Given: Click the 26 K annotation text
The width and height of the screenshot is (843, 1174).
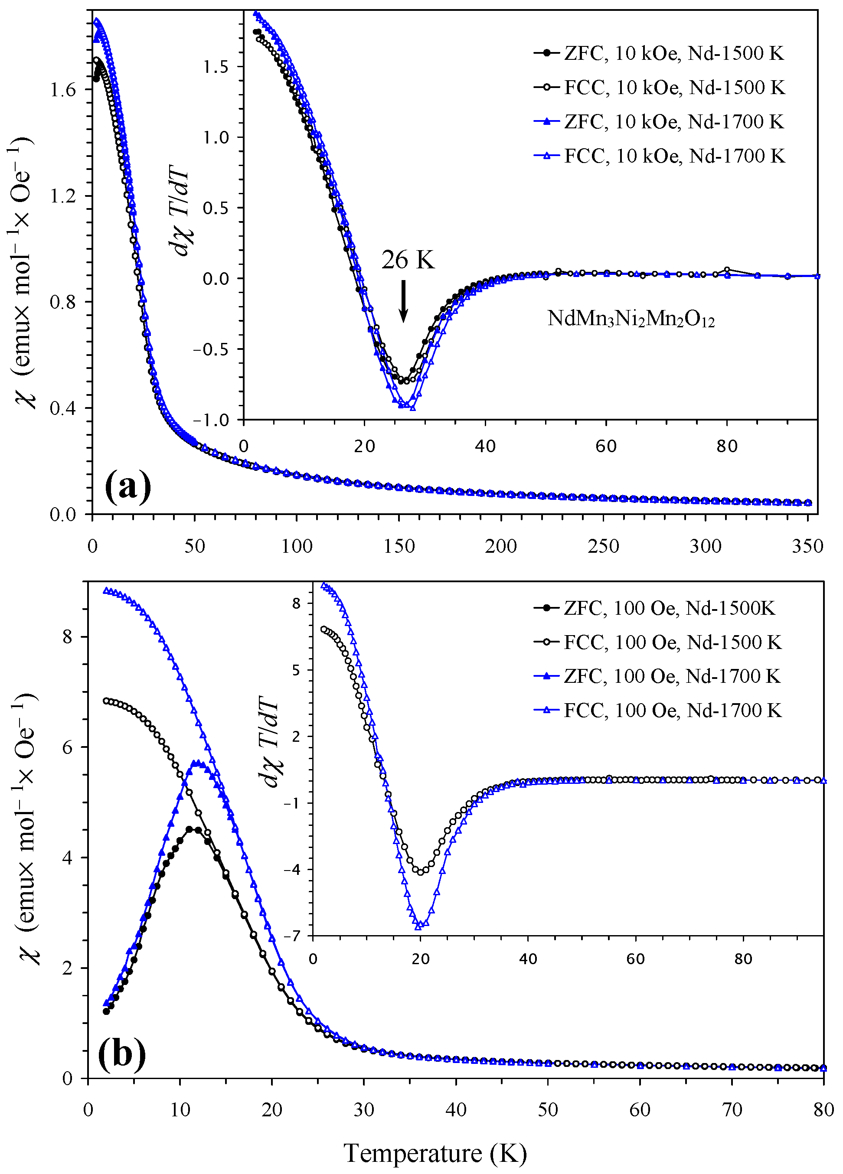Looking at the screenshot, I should [x=408, y=260].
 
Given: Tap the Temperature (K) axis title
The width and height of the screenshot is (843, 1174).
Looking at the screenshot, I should [x=435, y=1153].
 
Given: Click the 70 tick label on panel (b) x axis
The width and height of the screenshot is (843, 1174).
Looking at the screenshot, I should [x=732, y=1110].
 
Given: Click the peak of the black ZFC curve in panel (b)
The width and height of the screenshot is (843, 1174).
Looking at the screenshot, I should [x=193, y=829].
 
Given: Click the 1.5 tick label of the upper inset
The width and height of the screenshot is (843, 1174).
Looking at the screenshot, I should [x=216, y=67].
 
